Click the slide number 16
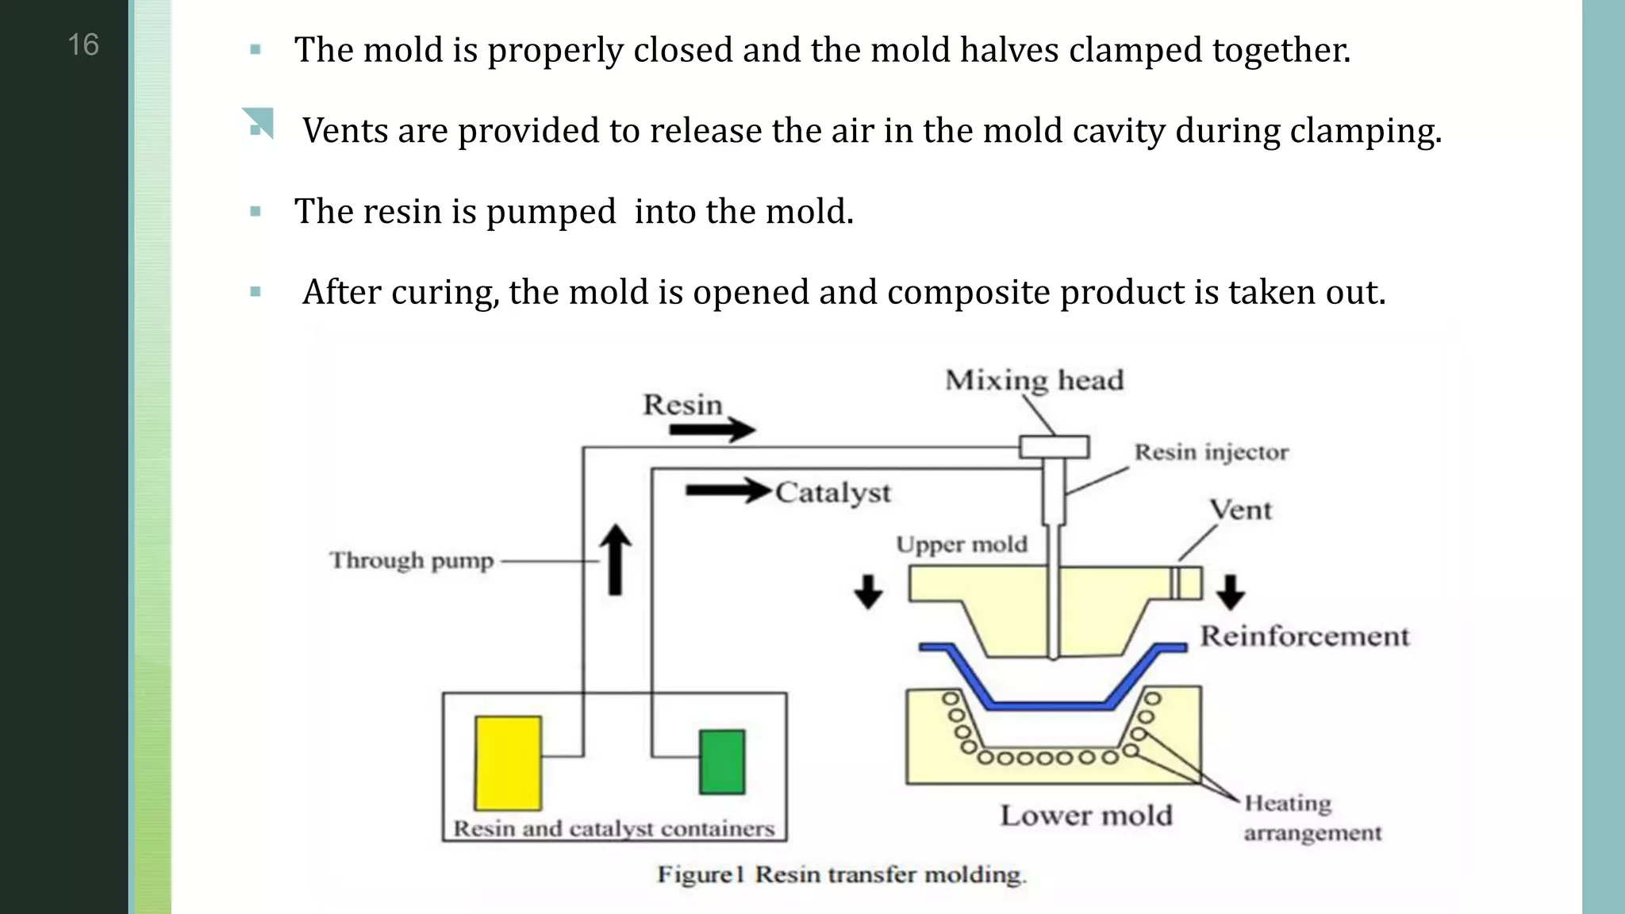(x=83, y=45)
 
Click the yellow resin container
(x=508, y=762)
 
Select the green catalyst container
(x=722, y=762)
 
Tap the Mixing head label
(x=1034, y=380)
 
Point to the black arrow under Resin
(x=711, y=430)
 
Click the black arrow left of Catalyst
(x=728, y=491)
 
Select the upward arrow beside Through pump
(x=615, y=560)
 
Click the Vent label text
(x=1240, y=509)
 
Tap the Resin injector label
(x=1211, y=452)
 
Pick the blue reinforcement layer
(x=1047, y=704)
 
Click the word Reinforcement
(x=1304, y=636)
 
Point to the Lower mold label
(x=1085, y=816)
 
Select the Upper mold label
(x=962, y=544)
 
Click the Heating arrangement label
(x=1311, y=818)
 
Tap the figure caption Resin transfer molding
(x=841, y=874)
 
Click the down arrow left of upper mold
(x=868, y=592)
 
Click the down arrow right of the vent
(x=1230, y=592)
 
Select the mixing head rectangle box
(x=1054, y=447)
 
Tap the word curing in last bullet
(x=444, y=293)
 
